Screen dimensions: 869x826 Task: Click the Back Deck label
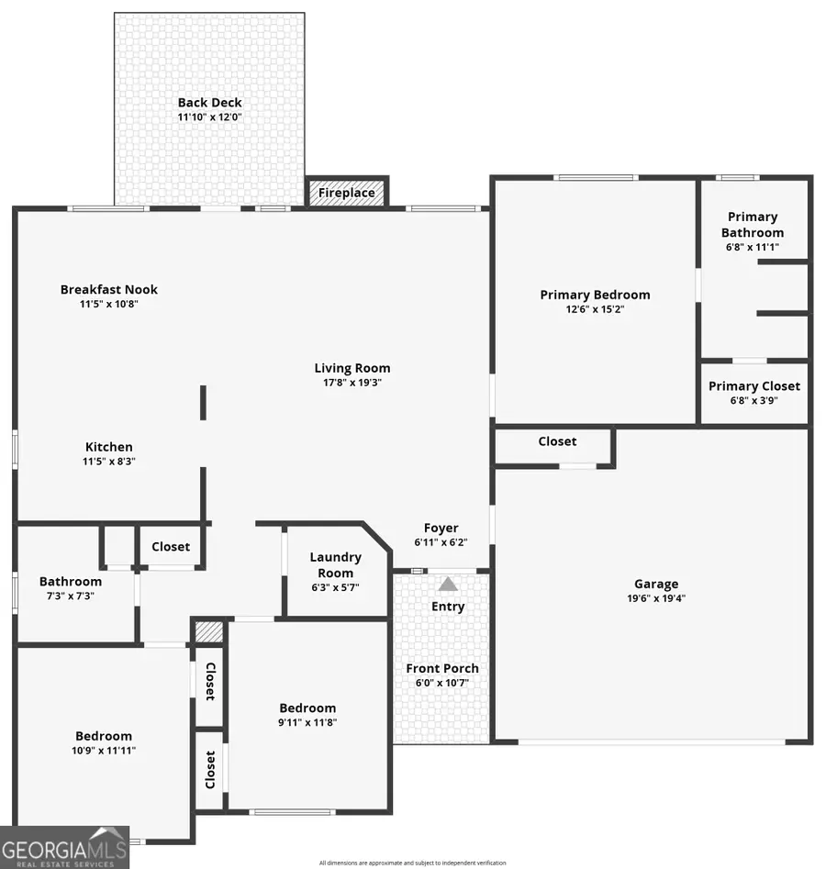210,103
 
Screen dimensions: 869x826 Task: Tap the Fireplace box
346,193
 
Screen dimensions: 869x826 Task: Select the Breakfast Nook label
109,289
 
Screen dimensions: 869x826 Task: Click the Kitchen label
109,447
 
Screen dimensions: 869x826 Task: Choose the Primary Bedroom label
595,295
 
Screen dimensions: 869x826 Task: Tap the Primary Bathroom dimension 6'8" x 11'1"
753,248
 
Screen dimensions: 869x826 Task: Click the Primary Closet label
753,386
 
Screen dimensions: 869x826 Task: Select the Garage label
656,584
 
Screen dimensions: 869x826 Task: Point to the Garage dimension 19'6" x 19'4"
656,598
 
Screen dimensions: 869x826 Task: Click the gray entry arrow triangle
447,584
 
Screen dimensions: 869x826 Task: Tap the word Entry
448,607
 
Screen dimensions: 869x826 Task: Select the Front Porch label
442,668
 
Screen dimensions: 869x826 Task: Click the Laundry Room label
335,564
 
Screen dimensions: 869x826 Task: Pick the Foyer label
441,528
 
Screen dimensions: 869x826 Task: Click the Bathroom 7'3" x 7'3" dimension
71,596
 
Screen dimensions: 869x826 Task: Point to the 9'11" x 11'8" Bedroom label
307,707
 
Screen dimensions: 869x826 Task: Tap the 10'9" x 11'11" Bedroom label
103,736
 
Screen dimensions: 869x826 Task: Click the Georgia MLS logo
64,847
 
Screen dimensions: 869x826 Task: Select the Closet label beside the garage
557,441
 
